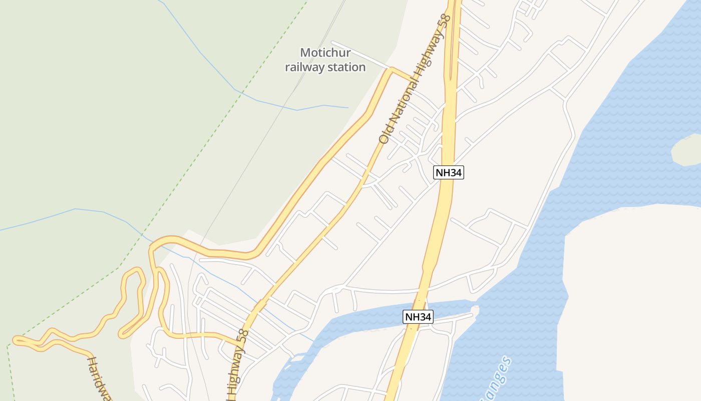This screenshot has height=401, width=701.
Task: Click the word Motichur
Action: tap(325, 53)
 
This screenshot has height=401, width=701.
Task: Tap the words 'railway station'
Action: tap(325, 67)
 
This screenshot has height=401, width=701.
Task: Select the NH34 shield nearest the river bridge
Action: tap(418, 317)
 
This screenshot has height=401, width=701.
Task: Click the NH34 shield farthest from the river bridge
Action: tap(449, 173)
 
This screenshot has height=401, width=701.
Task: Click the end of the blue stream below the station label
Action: tap(348, 108)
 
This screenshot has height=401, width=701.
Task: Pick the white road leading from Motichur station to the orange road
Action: tap(361, 55)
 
